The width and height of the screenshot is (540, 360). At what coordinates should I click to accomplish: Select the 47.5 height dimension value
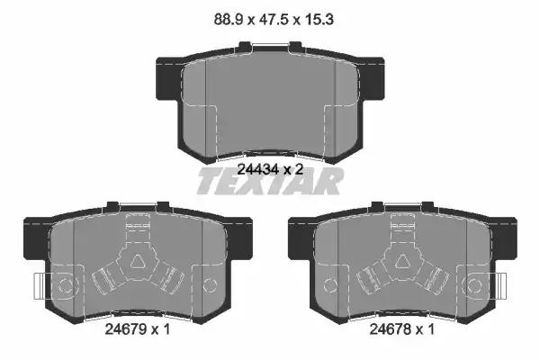coord(274,19)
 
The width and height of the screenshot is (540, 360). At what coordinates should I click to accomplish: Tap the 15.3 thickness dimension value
coord(318,19)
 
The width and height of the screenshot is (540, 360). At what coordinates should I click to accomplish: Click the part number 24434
coord(258,169)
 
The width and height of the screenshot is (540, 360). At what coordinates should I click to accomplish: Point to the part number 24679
coord(125,329)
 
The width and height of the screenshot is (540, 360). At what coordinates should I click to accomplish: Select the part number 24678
coord(390,329)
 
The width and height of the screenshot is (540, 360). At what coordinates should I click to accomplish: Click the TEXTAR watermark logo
coord(270,181)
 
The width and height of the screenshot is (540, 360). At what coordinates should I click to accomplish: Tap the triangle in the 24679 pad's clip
coord(138,262)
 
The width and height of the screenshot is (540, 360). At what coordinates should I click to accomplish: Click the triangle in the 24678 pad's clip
coord(402,262)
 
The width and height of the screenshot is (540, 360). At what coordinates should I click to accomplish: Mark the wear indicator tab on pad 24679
coord(40,286)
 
